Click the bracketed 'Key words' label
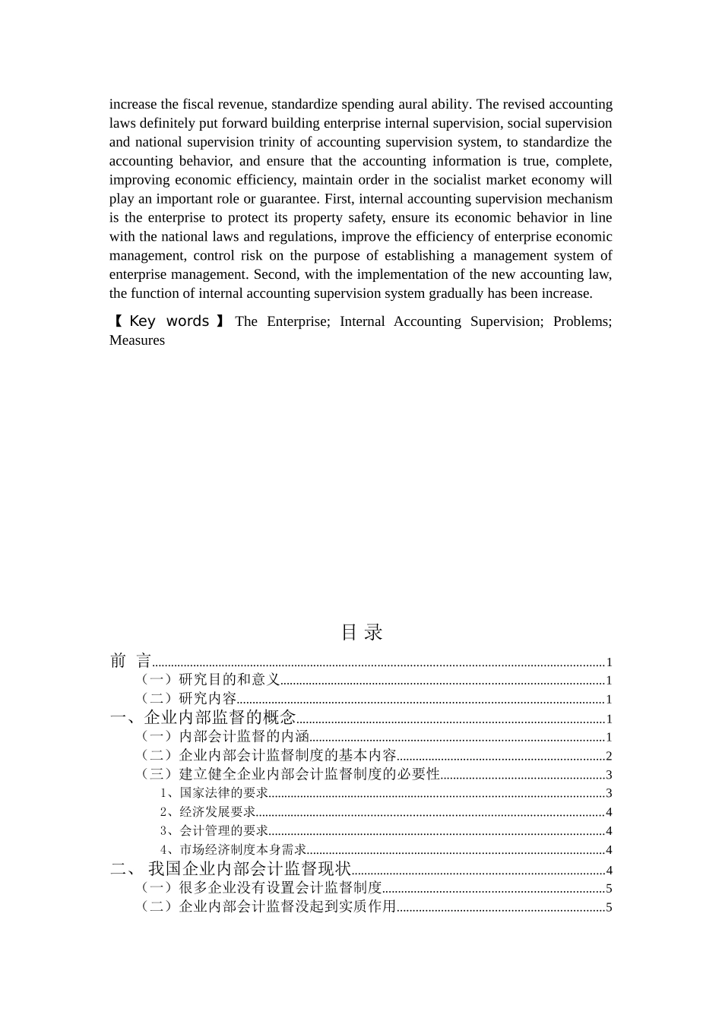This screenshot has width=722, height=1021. click(168, 321)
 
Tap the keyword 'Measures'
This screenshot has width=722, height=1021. click(137, 340)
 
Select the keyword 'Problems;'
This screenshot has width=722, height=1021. click(582, 321)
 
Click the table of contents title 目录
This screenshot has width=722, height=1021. click(361, 632)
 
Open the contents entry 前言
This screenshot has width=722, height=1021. click(131, 661)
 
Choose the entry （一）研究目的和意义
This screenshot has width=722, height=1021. click(211, 680)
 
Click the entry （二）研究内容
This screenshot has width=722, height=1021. click(188, 699)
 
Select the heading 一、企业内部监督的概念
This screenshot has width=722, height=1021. click(203, 718)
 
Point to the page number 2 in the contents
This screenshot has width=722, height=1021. click(609, 756)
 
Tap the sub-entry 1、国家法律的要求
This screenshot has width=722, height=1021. click(214, 793)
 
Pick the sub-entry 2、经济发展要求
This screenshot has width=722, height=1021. click(207, 812)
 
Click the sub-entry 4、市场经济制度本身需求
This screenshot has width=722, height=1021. click(233, 850)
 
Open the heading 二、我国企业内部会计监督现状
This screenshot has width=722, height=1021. click(231, 869)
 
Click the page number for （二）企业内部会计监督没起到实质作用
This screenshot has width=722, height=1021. click(609, 907)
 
